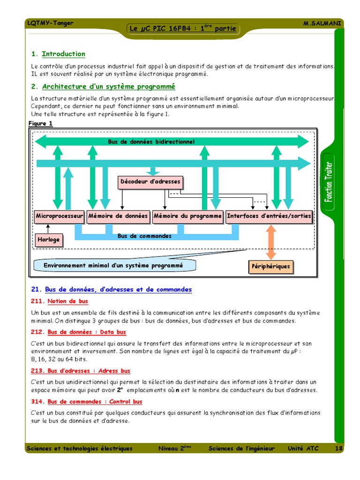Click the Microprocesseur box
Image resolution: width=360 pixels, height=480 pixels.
coord(59,217)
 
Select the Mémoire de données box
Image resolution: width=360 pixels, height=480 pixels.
coord(118,217)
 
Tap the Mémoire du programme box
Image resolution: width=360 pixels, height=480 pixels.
coord(187,217)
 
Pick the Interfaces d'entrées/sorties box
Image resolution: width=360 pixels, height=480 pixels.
coord(269,217)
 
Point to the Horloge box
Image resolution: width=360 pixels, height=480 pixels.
coord(49,240)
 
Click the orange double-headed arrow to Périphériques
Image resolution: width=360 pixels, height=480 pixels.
coord(270,242)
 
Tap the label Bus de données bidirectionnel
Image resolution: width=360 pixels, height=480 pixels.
coord(151,142)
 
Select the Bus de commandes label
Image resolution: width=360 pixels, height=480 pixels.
coord(144,236)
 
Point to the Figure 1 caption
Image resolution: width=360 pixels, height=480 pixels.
coord(41,124)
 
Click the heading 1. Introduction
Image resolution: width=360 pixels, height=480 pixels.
coord(58,54)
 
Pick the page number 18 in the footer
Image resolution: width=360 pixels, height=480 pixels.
coord(339,449)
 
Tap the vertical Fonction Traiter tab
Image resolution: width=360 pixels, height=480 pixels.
coord(330,181)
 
